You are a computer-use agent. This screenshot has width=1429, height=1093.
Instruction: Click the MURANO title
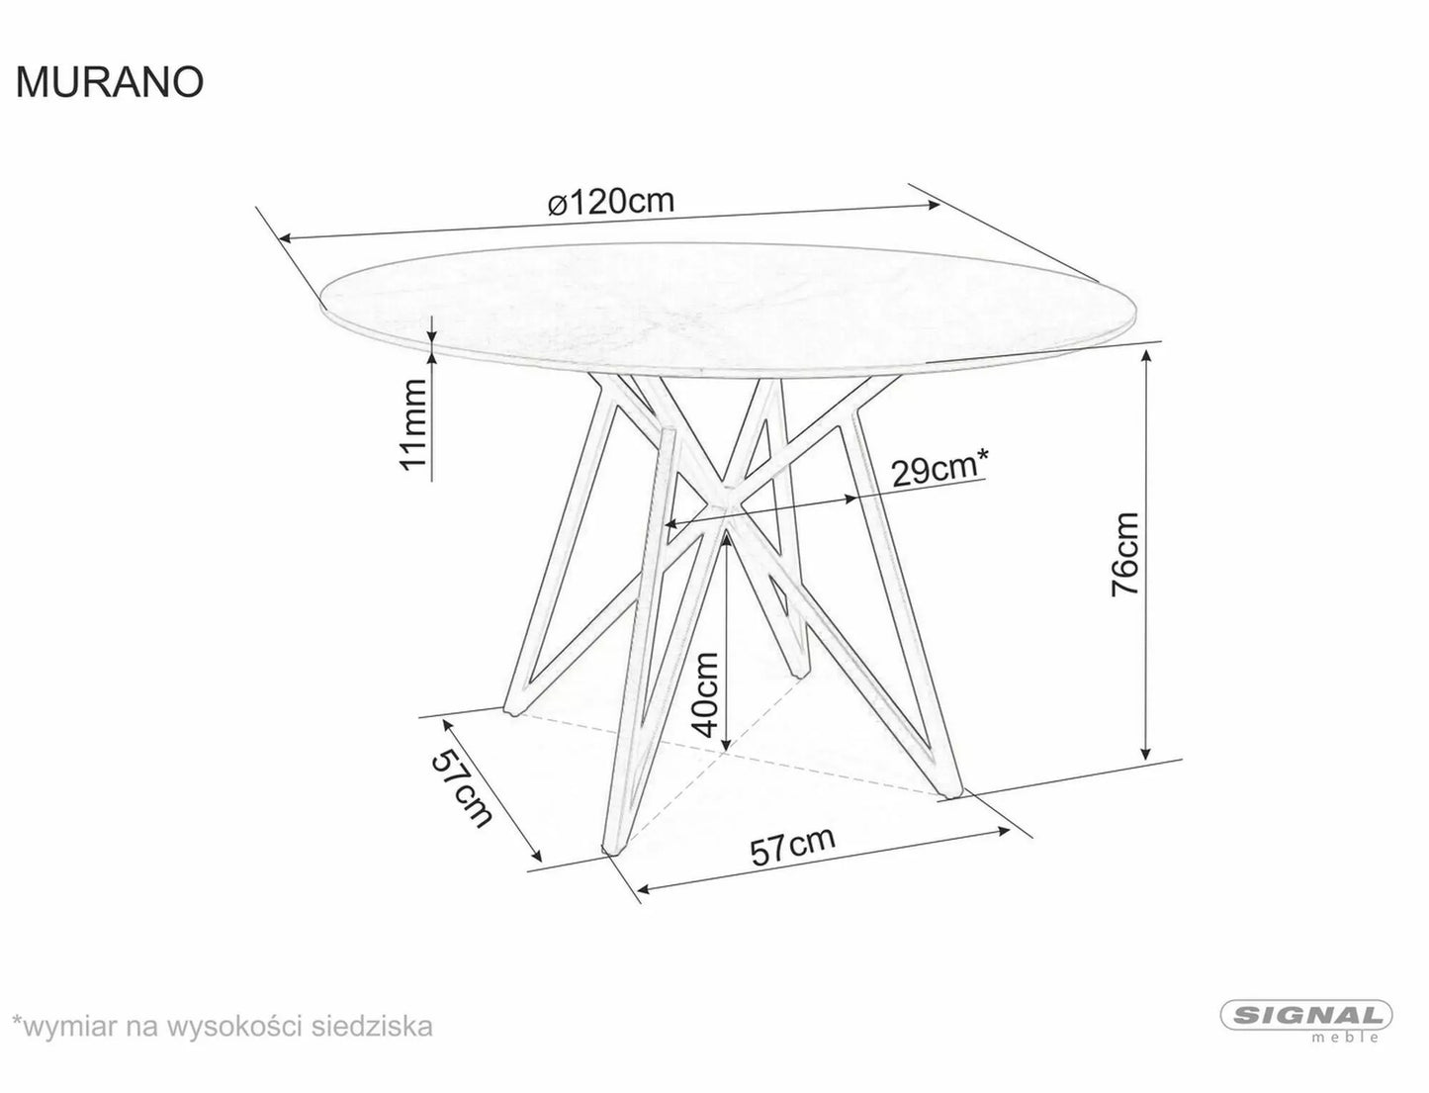110,83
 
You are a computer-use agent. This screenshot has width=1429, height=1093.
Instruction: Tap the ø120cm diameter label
610,202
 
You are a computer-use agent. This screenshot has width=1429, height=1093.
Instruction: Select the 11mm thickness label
412,425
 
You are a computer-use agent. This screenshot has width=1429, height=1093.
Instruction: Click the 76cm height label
1125,554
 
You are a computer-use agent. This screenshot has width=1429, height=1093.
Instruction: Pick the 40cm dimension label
706,694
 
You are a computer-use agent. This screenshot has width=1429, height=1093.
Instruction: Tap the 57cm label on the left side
462,788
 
